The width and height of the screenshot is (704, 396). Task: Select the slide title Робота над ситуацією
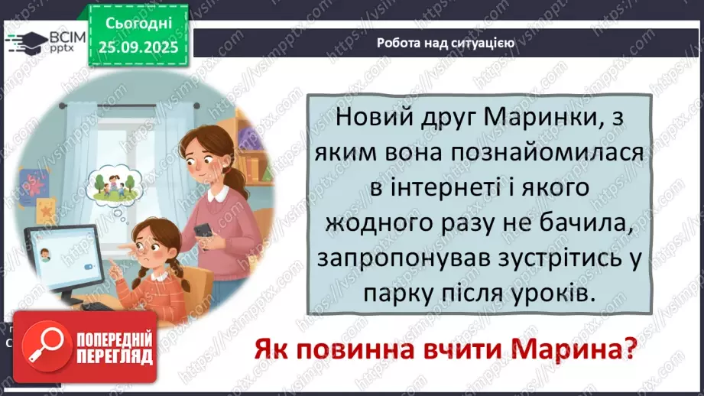445,44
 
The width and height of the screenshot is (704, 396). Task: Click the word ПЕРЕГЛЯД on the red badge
113,355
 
